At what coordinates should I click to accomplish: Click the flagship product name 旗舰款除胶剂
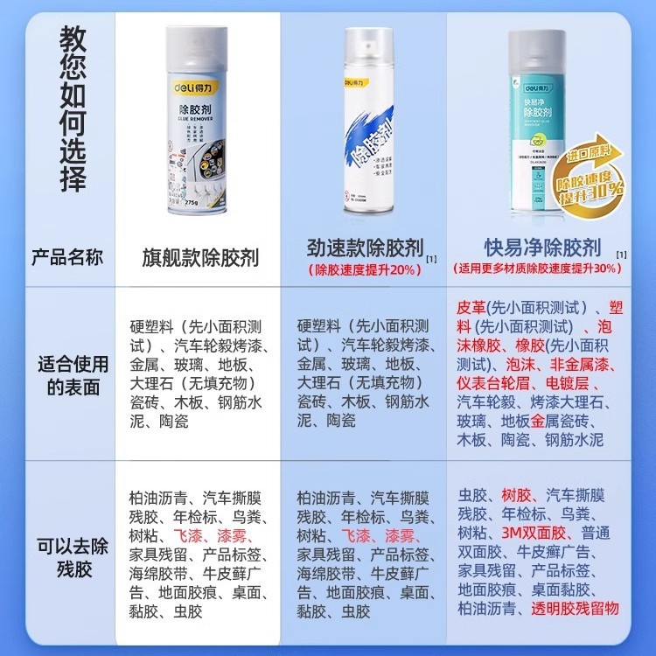200,258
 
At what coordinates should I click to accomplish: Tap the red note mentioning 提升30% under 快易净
541,269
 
